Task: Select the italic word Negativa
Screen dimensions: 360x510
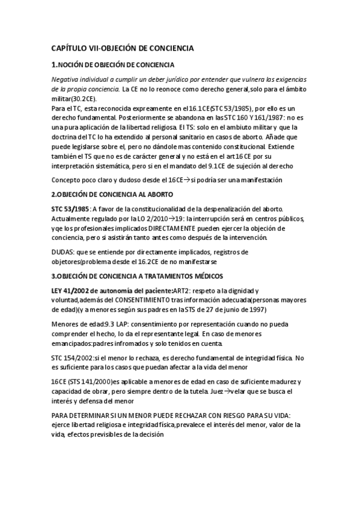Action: tap(66, 79)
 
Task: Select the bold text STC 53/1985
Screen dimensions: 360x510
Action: tap(70, 208)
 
